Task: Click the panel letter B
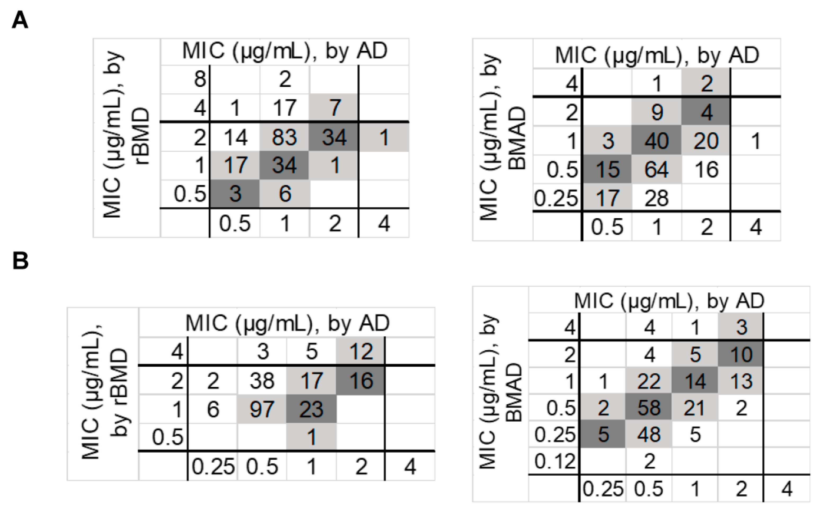[20, 261]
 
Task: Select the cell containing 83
[284, 137]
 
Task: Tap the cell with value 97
[262, 409]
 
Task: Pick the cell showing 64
[656, 169]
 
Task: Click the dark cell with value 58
[649, 408]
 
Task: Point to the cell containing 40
[656, 141]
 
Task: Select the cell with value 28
[656, 198]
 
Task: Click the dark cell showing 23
[311, 409]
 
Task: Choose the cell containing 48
[649, 434]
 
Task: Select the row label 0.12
[554, 461]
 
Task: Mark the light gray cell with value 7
[334, 108]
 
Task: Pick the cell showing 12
[360, 351]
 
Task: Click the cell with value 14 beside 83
[235, 137]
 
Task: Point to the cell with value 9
[656, 112]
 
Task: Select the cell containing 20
[706, 141]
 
